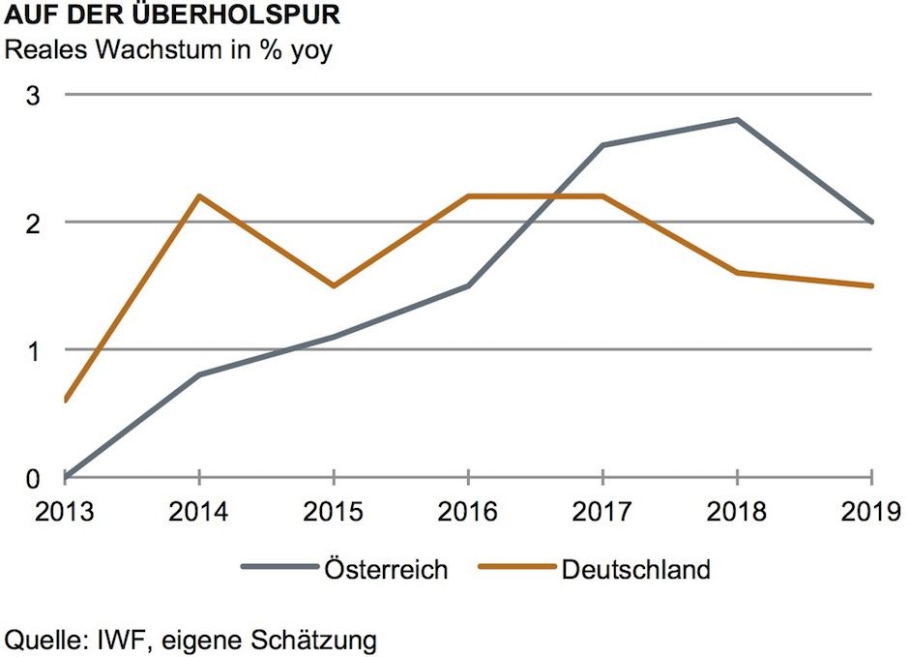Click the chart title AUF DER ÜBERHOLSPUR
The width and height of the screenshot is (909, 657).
[172, 16]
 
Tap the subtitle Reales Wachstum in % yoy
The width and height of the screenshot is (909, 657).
[169, 49]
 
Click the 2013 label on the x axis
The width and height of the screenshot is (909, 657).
[64, 510]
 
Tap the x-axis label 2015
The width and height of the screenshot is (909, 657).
[334, 510]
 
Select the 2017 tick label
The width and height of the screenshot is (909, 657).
[602, 510]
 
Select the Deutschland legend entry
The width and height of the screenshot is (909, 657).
[635, 569]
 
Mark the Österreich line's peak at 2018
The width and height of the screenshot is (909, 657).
[738, 120]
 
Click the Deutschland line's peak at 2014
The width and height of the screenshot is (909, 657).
[198, 196]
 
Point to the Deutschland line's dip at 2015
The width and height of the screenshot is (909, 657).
[334, 286]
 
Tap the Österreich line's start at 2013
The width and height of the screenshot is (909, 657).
[65, 477]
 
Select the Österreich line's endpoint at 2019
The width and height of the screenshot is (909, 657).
[871, 223]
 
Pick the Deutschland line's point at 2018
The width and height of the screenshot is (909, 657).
[738, 273]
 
